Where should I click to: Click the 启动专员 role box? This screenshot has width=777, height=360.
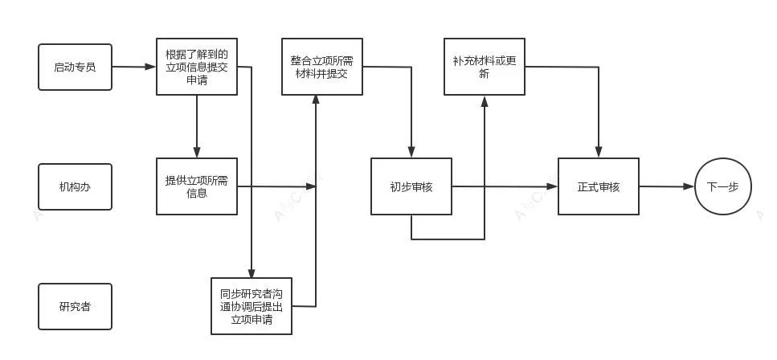75,67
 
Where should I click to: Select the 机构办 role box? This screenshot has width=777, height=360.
75,186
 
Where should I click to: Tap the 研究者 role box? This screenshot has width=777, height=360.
75,306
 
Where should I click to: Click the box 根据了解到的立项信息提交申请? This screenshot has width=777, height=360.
196,67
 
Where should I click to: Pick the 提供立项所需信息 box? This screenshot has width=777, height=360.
196,186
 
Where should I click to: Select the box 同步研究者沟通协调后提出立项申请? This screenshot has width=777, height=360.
251,305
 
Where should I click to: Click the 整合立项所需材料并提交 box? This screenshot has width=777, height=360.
321,67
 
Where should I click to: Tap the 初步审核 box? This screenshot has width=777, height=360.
411,186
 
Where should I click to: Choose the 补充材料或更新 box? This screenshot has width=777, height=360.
484,67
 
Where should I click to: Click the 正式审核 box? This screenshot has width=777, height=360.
598,186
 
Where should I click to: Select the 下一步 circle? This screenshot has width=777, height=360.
722,186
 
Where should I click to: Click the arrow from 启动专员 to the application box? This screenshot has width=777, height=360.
133,67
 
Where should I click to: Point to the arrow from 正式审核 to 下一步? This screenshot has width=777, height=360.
666,186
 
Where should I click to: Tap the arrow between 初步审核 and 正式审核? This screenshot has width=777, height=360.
504,186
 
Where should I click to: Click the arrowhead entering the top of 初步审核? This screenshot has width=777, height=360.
411,153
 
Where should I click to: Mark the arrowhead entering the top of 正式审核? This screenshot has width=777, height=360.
598,153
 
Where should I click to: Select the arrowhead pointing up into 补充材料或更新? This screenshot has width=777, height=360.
484,100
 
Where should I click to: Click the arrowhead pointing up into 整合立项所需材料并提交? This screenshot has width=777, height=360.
316,100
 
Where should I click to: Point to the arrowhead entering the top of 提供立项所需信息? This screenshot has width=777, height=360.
196,153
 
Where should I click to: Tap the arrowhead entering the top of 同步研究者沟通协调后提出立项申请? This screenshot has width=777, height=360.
252,273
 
